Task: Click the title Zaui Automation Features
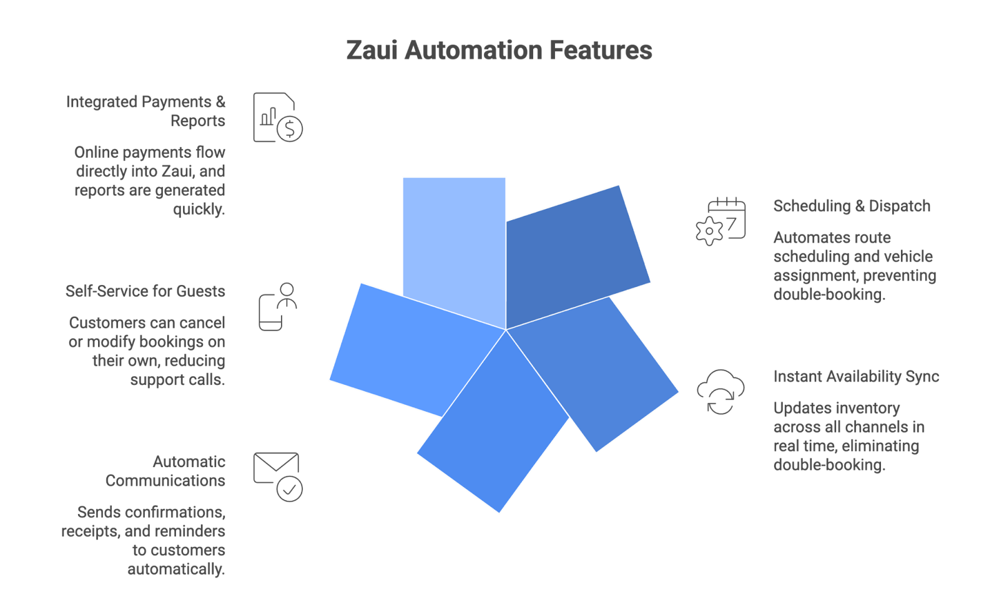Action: (499, 51)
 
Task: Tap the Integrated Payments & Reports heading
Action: (145, 111)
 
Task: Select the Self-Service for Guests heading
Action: (145, 291)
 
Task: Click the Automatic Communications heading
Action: (165, 471)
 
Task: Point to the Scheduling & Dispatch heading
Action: (852, 206)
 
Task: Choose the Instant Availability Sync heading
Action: (856, 377)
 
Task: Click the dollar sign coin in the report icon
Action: (289, 129)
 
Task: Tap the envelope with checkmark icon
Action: (277, 477)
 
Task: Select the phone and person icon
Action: (278, 306)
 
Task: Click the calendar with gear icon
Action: (721, 221)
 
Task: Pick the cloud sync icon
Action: (721, 392)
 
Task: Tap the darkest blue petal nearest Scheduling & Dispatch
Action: (574, 256)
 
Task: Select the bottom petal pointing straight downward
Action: (493, 430)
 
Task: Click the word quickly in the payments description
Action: (199, 210)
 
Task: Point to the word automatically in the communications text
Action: (175, 569)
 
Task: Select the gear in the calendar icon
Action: (709, 231)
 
